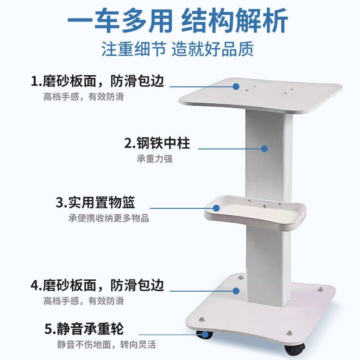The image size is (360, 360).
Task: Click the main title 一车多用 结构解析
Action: tap(178, 22)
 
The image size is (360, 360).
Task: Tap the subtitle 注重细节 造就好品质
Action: tap(177, 49)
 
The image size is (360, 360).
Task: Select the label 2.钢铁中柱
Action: tap(157, 144)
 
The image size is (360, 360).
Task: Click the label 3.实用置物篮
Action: tap(95, 202)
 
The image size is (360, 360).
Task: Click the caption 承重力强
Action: tap(154, 159)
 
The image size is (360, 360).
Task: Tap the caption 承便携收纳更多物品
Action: tap(108, 218)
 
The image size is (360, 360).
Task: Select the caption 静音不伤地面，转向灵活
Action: tap(106, 345)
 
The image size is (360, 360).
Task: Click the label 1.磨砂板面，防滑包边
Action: tap(97, 81)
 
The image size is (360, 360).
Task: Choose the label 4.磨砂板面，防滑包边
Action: tap(97, 285)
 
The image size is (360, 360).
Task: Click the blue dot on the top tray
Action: tap(236, 85)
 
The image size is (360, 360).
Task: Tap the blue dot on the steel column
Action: tap(265, 148)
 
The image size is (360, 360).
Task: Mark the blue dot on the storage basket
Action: tap(216, 208)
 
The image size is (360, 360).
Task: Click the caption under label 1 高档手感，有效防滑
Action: tap(83, 96)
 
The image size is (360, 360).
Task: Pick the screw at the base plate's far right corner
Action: tap(320, 288)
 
